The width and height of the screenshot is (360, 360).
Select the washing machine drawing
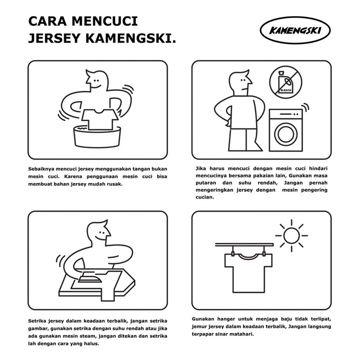click(286, 129)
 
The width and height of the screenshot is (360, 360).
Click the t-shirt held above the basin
click(98, 118)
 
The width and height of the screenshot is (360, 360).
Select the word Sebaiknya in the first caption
click(42, 168)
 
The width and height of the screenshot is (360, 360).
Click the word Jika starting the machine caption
click(202, 168)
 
